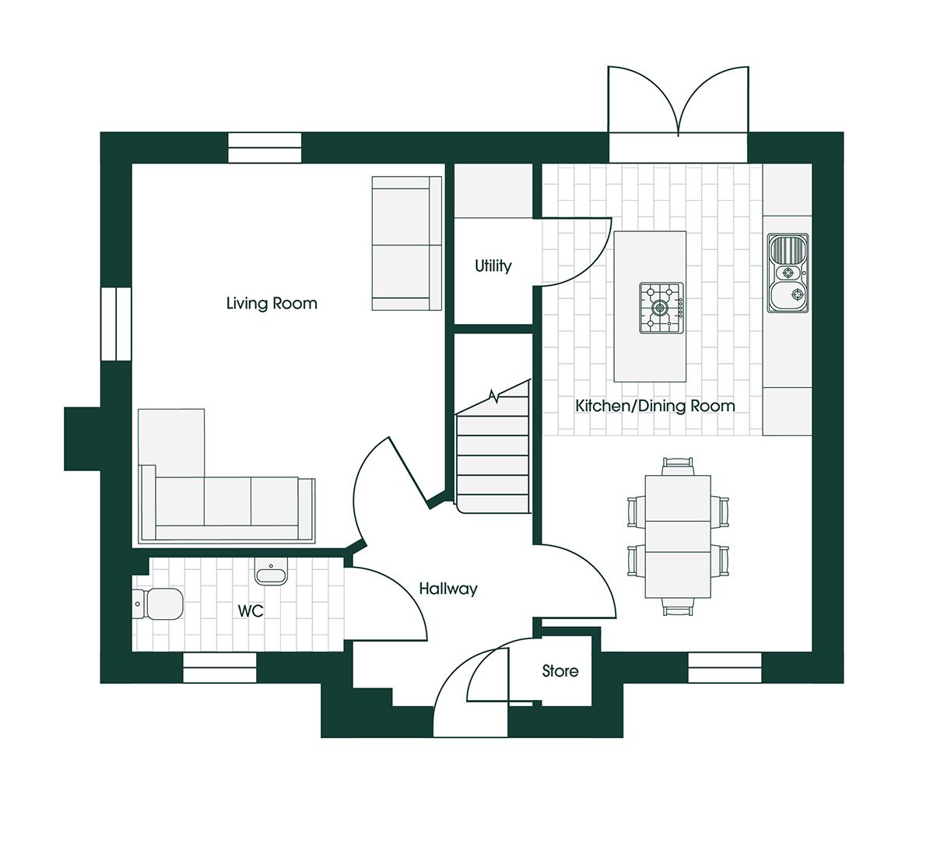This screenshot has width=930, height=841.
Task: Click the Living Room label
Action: pyautogui.click(x=272, y=304)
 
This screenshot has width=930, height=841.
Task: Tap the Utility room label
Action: pyautogui.click(x=493, y=266)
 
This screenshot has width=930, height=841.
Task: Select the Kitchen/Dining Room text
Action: pyautogui.click(x=655, y=406)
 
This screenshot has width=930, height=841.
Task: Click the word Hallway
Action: pyautogui.click(x=448, y=589)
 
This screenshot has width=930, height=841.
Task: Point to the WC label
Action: pyautogui.click(x=251, y=611)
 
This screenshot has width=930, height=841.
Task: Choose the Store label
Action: pyautogui.click(x=560, y=670)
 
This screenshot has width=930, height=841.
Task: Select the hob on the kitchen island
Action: pyautogui.click(x=662, y=308)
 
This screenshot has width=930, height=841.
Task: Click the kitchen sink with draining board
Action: pyautogui.click(x=788, y=273)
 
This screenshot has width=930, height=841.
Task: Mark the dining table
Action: pyautogui.click(x=678, y=537)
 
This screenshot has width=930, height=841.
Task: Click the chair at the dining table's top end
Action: pyautogui.click(x=678, y=466)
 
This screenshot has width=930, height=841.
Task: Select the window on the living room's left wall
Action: pyautogui.click(x=116, y=324)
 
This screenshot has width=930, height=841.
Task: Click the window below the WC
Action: pyautogui.click(x=219, y=668)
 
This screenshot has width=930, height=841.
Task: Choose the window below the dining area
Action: pyautogui.click(x=725, y=668)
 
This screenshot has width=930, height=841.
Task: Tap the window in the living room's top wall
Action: pyautogui.click(x=265, y=148)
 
